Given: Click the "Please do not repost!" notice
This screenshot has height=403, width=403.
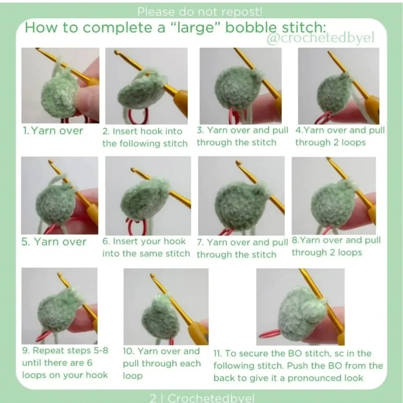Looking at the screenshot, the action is pyautogui.click(x=200, y=11).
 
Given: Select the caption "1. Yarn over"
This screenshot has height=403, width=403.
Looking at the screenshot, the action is pyautogui.click(x=53, y=131).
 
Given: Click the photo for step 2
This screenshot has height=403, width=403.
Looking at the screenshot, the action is pyautogui.click(x=146, y=86).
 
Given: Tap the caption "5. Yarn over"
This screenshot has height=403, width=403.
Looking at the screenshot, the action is pyautogui.click(x=54, y=242).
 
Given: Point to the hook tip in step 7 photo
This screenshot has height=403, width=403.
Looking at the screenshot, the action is pyautogui.click(x=239, y=163).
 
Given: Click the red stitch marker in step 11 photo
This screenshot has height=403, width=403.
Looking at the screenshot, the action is pyautogui.click(x=270, y=333).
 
